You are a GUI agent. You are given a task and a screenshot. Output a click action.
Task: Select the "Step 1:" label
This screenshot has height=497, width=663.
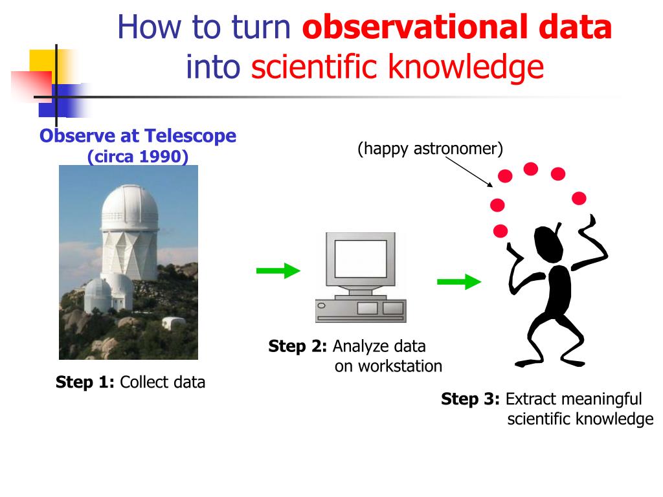pos(85,382)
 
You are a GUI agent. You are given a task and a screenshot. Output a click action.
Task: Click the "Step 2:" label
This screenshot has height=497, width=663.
pos(298,346)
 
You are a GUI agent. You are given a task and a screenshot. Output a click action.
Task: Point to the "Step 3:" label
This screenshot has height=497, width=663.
pos(470,399)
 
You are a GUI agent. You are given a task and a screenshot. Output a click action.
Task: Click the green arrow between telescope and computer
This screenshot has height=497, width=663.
pos(278,271)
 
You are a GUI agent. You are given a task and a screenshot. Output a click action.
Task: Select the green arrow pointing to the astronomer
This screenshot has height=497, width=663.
pos(459,282)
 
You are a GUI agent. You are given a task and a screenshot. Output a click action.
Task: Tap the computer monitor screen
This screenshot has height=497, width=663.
pos(361,259)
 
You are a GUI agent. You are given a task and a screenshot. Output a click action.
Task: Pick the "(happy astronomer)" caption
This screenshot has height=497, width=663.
pos(431,149)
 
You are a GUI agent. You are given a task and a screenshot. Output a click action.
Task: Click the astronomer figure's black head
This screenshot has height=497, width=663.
pos(548,244)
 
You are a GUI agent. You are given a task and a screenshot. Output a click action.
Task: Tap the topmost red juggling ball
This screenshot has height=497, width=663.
pos(531,169)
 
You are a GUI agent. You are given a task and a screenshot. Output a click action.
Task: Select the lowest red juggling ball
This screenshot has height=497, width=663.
pos(500,231)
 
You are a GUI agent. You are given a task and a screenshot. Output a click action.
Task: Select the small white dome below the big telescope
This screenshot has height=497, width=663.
pos(98,295)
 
